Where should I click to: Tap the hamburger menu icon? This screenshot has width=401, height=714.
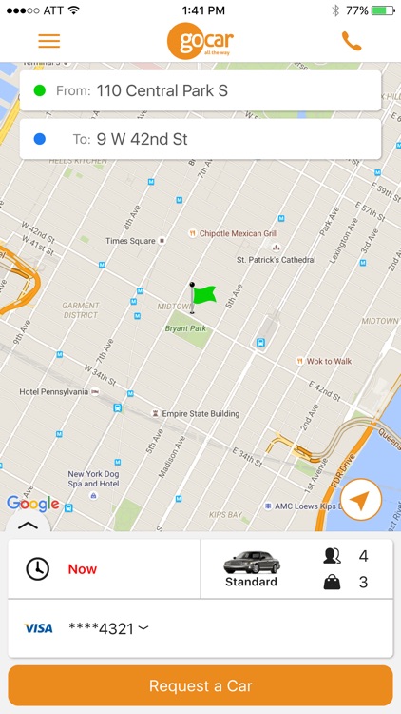pyautogui.click(x=48, y=42)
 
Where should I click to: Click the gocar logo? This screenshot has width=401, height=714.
pyautogui.click(x=200, y=41)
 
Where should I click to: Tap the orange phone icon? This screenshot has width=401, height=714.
pyautogui.click(x=352, y=41)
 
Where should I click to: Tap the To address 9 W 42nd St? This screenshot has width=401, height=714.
pyautogui.click(x=142, y=139)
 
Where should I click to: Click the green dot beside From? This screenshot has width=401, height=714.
pyautogui.click(x=39, y=91)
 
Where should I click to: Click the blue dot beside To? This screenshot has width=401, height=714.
pyautogui.click(x=39, y=139)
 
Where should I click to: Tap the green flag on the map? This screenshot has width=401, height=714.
pyautogui.click(x=201, y=295)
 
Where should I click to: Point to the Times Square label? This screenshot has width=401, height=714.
pyautogui.click(x=130, y=241)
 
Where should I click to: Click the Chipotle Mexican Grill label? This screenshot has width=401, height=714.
pyautogui.click(x=238, y=233)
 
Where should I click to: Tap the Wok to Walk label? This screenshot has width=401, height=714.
pyautogui.click(x=328, y=361)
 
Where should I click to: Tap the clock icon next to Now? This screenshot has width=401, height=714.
pyautogui.click(x=37, y=569)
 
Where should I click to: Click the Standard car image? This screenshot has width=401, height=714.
pyautogui.click(x=252, y=563)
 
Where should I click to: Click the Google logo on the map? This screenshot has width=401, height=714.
pyautogui.click(x=32, y=504)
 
